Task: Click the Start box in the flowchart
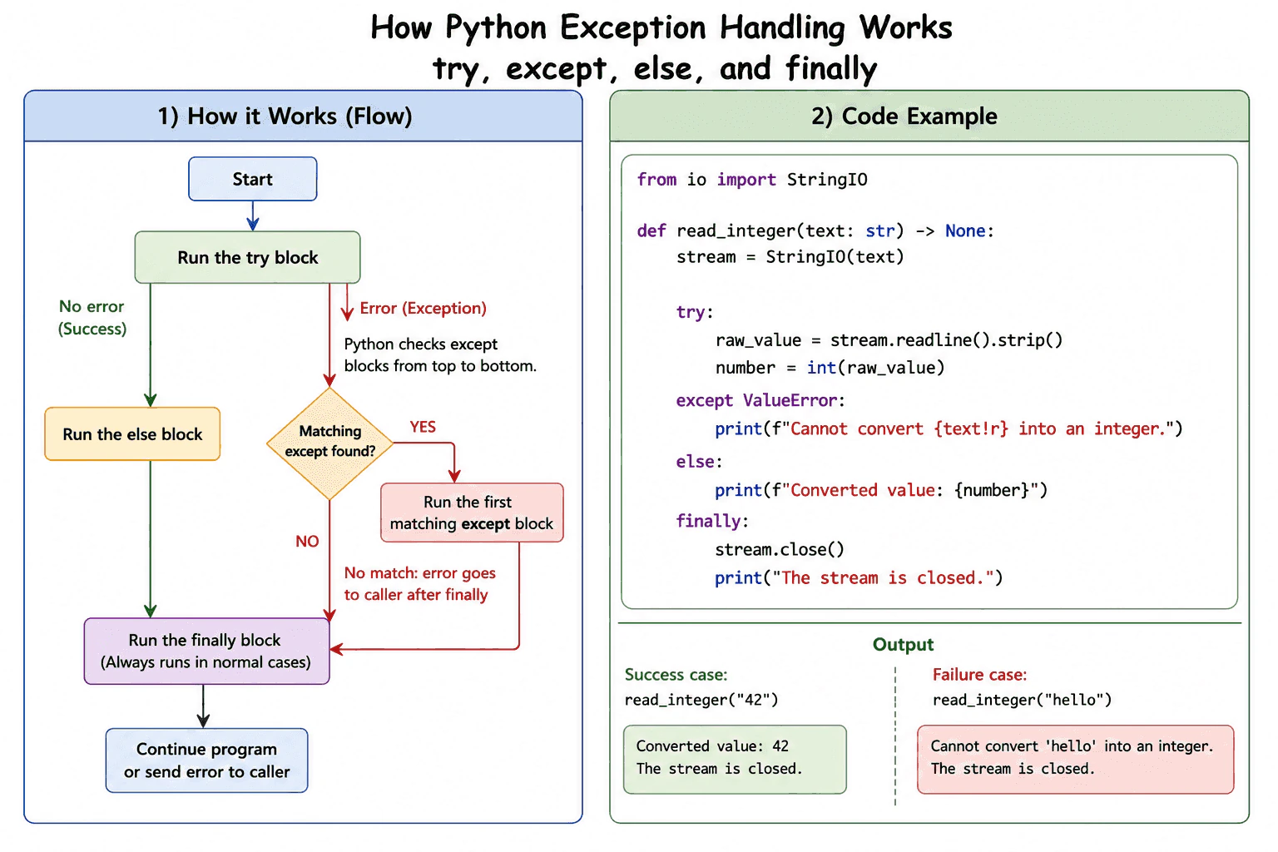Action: pos(253,179)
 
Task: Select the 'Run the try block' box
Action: pos(248,257)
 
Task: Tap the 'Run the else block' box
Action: pos(132,433)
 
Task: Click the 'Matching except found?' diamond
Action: pos(329,443)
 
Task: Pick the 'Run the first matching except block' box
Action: pos(472,513)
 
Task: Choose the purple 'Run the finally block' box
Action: pos(206,651)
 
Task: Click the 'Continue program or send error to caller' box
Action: pos(206,760)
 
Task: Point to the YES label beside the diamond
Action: pos(423,427)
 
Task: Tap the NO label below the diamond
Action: pos(307,541)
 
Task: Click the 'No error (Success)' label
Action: pos(92,317)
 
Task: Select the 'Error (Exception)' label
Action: pos(423,308)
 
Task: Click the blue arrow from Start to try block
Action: pos(253,215)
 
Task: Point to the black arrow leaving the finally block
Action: pos(203,706)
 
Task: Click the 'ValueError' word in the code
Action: pos(790,400)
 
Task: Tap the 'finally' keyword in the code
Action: pos(708,521)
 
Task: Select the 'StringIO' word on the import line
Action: pos(827,180)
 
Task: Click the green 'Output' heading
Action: pos(903,644)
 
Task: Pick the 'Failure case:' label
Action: pos(979,675)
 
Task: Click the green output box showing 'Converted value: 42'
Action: pos(735,759)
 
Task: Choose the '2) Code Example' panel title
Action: pos(904,116)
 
